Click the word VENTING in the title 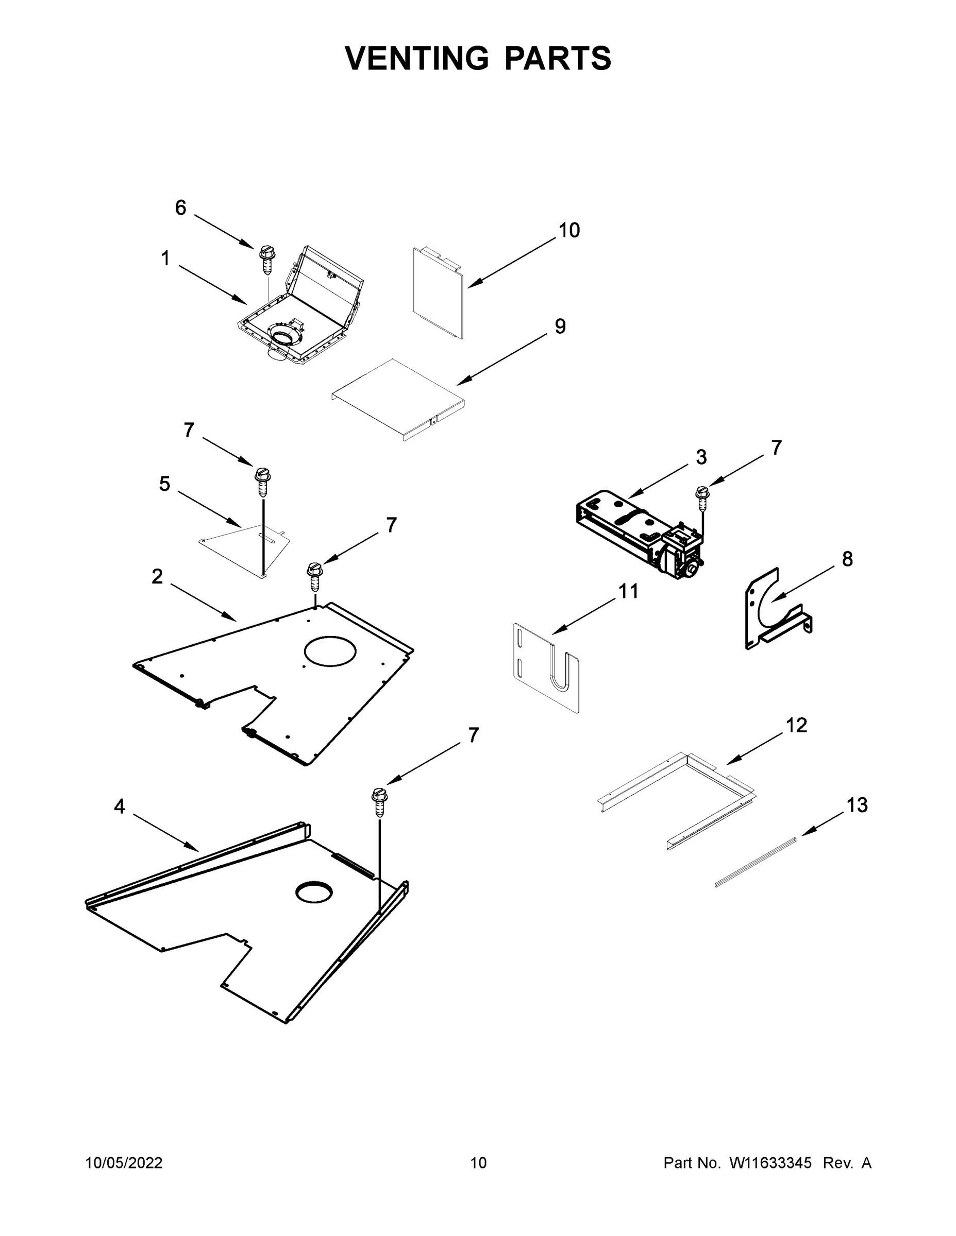[417, 58]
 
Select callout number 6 [180, 208]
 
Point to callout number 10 [569, 230]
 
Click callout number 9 [560, 327]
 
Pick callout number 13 [857, 805]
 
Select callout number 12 [796, 725]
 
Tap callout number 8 [847, 559]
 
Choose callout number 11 [628, 591]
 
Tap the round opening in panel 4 [313, 893]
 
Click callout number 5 [164, 484]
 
